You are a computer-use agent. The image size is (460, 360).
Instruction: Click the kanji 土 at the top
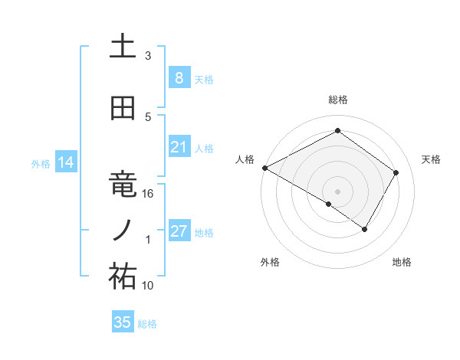click(x=122, y=46)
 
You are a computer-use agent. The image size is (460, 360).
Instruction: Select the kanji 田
click(x=122, y=108)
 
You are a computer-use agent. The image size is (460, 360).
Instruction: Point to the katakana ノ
click(x=122, y=230)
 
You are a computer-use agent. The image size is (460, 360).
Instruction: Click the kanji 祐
click(x=122, y=277)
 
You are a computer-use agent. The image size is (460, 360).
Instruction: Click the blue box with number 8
click(x=179, y=78)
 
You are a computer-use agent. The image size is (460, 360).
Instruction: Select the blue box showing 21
click(x=179, y=147)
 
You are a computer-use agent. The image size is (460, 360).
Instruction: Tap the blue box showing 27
click(x=179, y=231)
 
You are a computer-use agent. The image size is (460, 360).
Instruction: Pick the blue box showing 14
click(x=64, y=162)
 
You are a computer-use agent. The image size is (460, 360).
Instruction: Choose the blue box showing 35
click(x=123, y=322)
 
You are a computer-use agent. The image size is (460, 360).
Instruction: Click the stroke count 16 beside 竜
click(x=148, y=194)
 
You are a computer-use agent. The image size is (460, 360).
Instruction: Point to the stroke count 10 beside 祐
click(x=148, y=286)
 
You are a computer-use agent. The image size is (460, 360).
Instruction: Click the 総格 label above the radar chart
click(x=337, y=100)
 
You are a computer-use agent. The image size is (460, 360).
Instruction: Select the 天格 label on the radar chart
click(x=432, y=159)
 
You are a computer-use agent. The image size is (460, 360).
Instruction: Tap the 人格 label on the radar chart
click(x=245, y=159)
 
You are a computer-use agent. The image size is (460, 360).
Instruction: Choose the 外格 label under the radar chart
click(x=270, y=263)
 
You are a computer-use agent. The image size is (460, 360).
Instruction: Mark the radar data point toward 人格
click(x=264, y=168)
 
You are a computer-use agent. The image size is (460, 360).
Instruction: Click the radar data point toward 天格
click(x=396, y=172)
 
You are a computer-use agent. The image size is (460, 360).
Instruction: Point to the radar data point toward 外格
click(x=329, y=204)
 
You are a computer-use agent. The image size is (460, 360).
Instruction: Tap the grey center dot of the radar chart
click(x=337, y=191)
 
